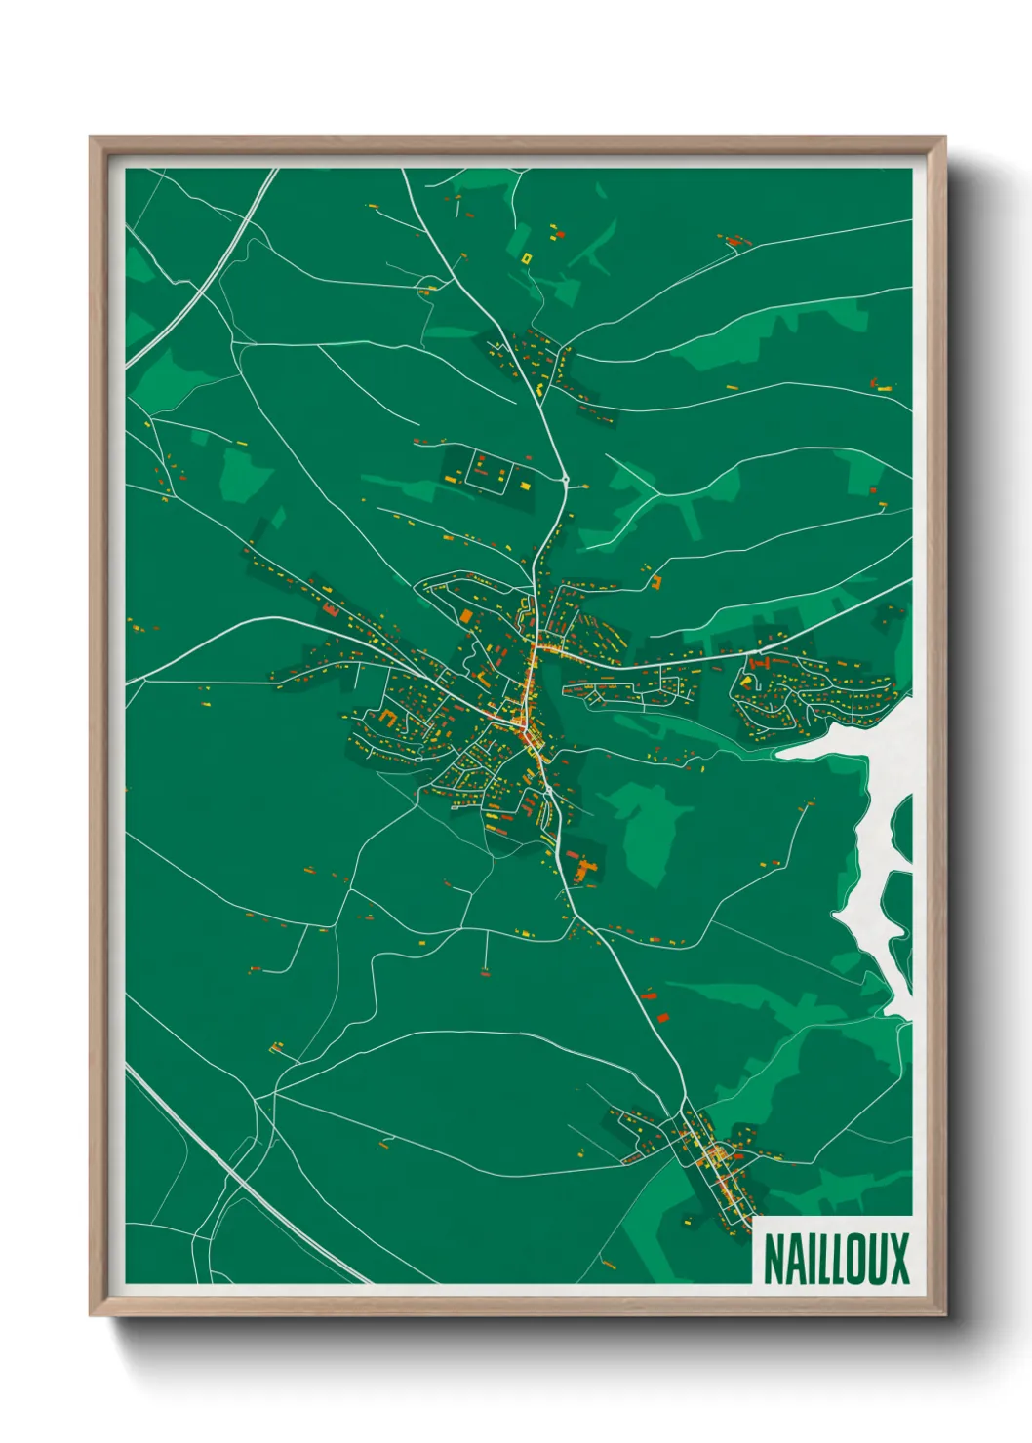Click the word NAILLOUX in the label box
[835, 1259]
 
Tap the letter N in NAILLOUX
[772, 1259]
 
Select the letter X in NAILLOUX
[898, 1259]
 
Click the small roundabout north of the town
[565, 479]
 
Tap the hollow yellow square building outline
[527, 258]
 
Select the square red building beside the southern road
[662, 1017]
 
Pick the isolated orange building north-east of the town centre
[656, 583]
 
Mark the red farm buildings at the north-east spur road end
[732, 240]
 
